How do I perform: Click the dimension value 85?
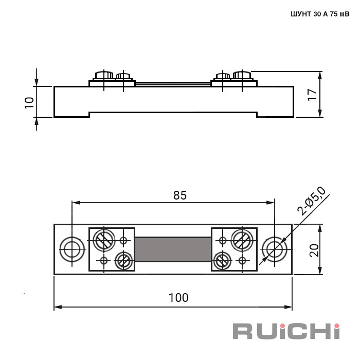[180, 195]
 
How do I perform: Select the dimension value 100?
[178, 298]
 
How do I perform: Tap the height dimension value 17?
[313, 94]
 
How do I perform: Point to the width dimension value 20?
[314, 250]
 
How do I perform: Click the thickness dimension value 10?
[29, 103]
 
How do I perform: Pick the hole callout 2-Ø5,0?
[311, 201]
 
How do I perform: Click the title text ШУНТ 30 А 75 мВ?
[320, 14]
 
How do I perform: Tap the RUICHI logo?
[286, 331]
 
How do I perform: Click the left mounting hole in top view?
[72, 249]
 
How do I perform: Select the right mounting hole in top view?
[274, 249]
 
